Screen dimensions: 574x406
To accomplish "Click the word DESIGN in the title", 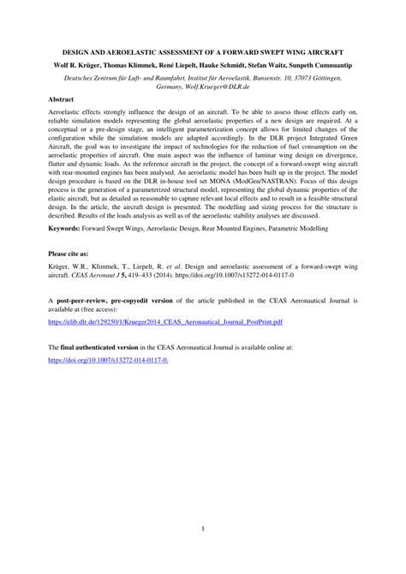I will click(79, 51).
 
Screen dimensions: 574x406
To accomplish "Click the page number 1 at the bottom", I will click(203, 529).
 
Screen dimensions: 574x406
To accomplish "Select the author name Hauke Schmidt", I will click(222, 64).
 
